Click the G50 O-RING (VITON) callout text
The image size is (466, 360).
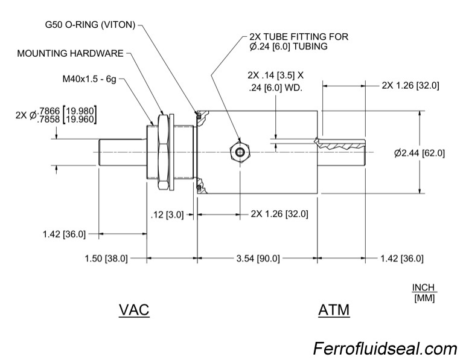(91, 26)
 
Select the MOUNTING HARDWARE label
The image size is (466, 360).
(69, 53)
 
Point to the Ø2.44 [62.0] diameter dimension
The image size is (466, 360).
(419, 153)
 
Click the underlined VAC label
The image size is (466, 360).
(134, 310)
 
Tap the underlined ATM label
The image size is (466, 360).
(333, 310)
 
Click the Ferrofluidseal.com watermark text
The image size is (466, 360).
(385, 349)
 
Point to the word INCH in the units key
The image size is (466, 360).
(424, 288)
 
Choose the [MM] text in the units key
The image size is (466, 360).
(424, 298)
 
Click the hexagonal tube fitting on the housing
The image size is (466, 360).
(241, 152)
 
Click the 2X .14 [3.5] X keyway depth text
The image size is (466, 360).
(275, 76)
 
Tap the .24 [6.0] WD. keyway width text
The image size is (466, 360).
(275, 88)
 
